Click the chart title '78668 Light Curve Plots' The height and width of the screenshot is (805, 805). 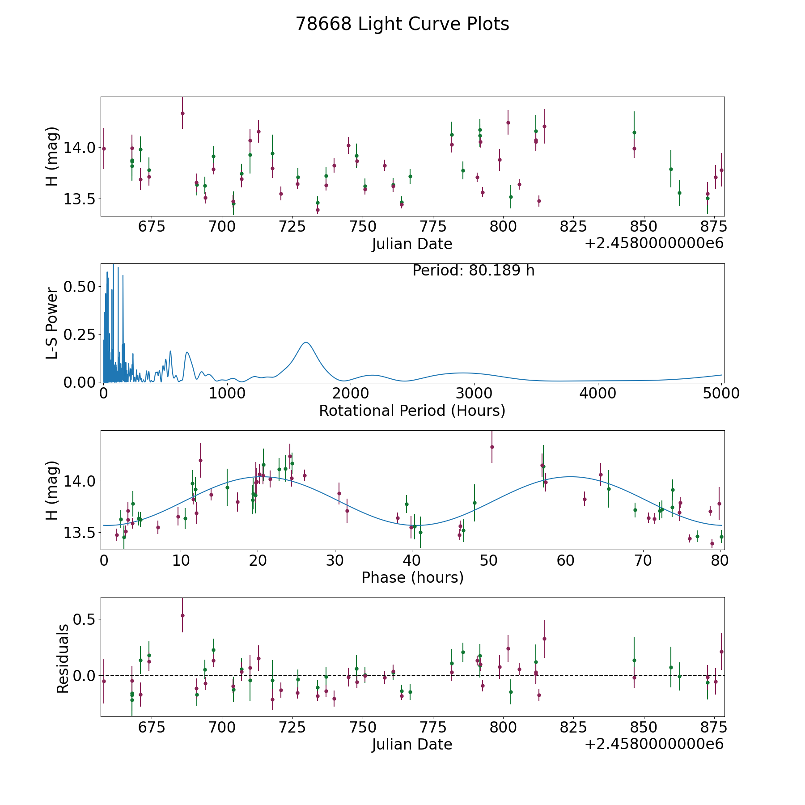coord(402,24)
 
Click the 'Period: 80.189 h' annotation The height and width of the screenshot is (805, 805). coord(473,271)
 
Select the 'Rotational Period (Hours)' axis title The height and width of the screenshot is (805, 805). coord(412,411)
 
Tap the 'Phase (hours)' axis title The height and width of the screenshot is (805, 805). coord(412,577)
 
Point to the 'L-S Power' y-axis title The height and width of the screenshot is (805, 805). coord(52,323)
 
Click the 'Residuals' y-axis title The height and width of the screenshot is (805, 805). coord(63,658)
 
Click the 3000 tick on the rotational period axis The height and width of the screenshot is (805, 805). coord(474,394)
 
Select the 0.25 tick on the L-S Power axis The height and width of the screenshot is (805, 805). coord(79,335)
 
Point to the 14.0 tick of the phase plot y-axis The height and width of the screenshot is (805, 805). coord(79,481)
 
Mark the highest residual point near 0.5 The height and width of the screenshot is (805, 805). coord(182,615)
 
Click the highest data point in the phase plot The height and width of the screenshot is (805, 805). coord(492,447)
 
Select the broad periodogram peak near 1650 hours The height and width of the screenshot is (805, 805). coord(306,343)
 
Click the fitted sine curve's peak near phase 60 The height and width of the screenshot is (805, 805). coord(570,477)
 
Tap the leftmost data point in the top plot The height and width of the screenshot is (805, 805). coord(104,148)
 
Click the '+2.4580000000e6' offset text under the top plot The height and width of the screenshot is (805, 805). coord(654,243)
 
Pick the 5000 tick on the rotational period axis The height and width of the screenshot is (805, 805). coord(721,394)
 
